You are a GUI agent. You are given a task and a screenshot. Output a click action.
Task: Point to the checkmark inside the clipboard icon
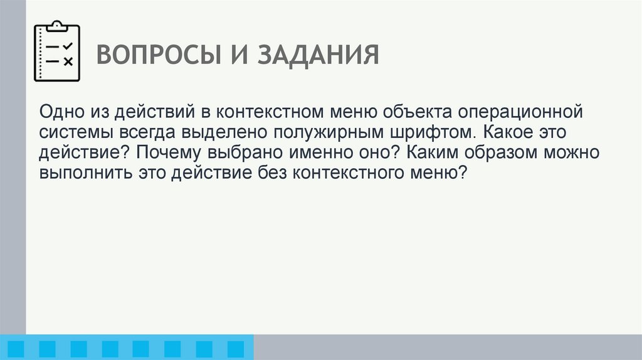[x=69, y=46]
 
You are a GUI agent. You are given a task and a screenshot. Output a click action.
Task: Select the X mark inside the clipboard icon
[x=69, y=61]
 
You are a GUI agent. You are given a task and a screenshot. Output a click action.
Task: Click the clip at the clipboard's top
[x=57, y=25]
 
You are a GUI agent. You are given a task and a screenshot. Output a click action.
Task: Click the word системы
[x=73, y=133]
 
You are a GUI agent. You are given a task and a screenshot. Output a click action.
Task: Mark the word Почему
[x=165, y=153]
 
